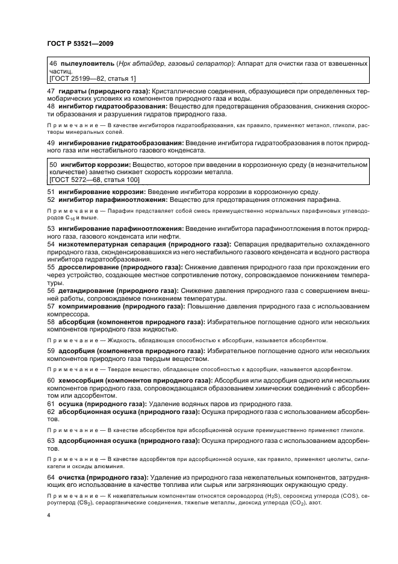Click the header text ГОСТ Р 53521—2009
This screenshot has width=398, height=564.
click(80, 43)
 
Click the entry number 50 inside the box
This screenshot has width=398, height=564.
click(53, 164)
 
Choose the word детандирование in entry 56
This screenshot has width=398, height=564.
click(86, 289)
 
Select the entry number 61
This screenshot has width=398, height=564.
click(51, 403)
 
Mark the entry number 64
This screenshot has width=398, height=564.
click(51, 477)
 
